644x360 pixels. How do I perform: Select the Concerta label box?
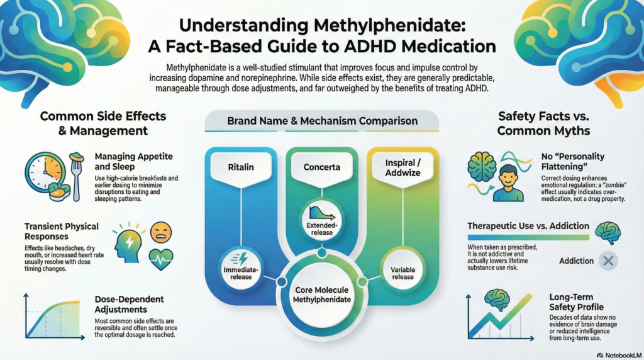click(322, 168)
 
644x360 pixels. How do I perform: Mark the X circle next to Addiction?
click(608, 261)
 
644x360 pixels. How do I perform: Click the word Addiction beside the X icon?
click(576, 261)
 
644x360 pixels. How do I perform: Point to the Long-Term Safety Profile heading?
click(572, 302)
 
